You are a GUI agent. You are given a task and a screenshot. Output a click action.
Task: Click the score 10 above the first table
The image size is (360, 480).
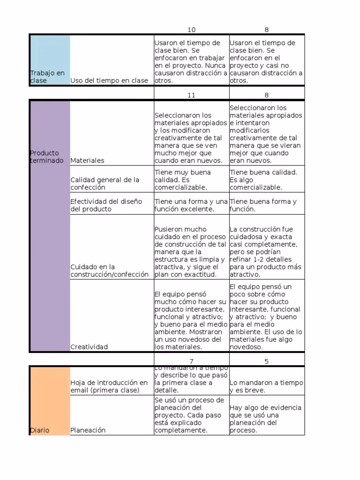pos(191,30)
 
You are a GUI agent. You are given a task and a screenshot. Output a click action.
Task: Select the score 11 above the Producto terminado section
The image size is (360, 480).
pos(191,95)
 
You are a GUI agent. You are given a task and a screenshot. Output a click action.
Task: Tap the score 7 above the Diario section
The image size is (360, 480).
pos(191,361)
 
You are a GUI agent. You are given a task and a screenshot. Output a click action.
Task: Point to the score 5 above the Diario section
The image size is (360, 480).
pos(266,361)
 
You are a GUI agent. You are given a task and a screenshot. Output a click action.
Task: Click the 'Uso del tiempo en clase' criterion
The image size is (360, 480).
pos(109,81)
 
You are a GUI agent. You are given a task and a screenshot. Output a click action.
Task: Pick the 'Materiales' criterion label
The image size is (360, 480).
pos(87,160)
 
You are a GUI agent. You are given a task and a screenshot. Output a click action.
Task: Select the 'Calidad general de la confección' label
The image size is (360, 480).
pos(105,183)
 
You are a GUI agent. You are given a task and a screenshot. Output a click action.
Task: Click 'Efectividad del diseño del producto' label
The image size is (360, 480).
pos(106,205)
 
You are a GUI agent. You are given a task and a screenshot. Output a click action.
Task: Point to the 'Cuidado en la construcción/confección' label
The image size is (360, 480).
pos(109,270)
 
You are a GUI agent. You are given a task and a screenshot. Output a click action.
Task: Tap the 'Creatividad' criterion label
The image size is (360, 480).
pos(89,347)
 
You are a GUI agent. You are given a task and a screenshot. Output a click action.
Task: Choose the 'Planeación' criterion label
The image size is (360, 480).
pos(88,430)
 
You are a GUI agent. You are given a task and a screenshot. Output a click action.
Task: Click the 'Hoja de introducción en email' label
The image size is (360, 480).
pos(109,386)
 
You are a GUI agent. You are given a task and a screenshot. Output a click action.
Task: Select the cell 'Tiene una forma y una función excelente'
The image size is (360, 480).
pos(191,205)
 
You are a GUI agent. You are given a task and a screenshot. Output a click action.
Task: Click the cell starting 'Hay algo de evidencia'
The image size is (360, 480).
pos(265,419)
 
